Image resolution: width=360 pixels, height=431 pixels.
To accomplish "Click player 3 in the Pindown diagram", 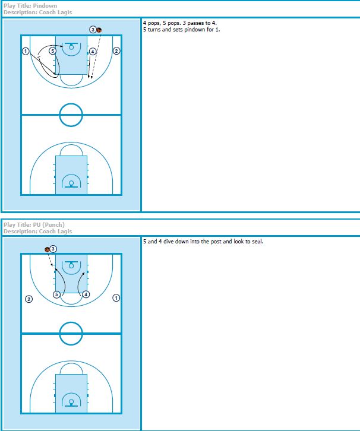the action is [x=93, y=30].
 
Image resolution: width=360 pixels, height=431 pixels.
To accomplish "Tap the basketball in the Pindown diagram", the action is [x=99, y=30].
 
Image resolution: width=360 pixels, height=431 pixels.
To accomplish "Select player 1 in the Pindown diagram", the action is [x=26, y=51].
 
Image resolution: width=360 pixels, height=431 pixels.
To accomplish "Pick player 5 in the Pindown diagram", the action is [x=52, y=51].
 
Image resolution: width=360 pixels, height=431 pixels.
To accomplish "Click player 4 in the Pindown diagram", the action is [x=93, y=52].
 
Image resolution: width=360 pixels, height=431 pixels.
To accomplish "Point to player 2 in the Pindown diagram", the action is [x=116, y=51].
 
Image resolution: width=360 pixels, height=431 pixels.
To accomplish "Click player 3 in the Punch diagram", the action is [x=53, y=249].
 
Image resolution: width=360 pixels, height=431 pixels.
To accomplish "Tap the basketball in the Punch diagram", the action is [x=48, y=249].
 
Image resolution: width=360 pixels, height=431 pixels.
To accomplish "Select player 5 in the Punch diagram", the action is [x=56, y=294].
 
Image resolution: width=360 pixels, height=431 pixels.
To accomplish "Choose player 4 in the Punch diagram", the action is [x=86, y=294].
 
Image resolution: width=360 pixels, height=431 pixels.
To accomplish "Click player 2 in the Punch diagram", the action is [x=29, y=299].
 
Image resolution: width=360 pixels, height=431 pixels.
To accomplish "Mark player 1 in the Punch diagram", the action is [x=116, y=298].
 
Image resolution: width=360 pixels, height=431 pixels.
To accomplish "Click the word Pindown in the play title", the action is [x=45, y=6].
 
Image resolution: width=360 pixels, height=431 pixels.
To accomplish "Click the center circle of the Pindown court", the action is [x=71, y=104].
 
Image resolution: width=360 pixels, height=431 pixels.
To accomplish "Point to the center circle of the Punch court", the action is [x=71, y=322].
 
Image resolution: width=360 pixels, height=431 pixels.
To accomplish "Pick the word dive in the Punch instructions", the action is [x=168, y=242].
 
